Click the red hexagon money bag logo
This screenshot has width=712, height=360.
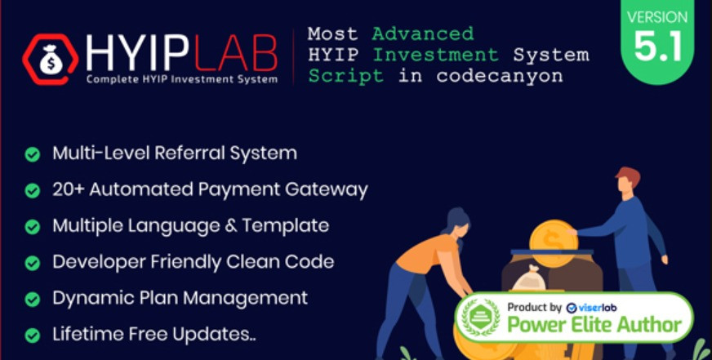[x=51, y=59]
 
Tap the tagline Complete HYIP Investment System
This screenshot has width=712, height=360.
[x=181, y=79]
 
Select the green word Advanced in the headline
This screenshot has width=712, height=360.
[x=422, y=34]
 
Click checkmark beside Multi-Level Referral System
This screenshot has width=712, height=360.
[x=33, y=153]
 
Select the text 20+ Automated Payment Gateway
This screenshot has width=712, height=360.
[x=210, y=189]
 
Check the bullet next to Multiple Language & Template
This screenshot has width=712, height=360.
[x=33, y=226]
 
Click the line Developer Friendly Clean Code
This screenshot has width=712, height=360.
[x=193, y=262]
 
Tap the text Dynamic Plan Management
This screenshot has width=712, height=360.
[x=180, y=298]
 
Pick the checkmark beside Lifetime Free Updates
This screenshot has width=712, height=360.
[x=33, y=335]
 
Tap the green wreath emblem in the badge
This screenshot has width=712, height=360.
[x=481, y=317]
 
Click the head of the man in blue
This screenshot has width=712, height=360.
[x=627, y=179]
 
